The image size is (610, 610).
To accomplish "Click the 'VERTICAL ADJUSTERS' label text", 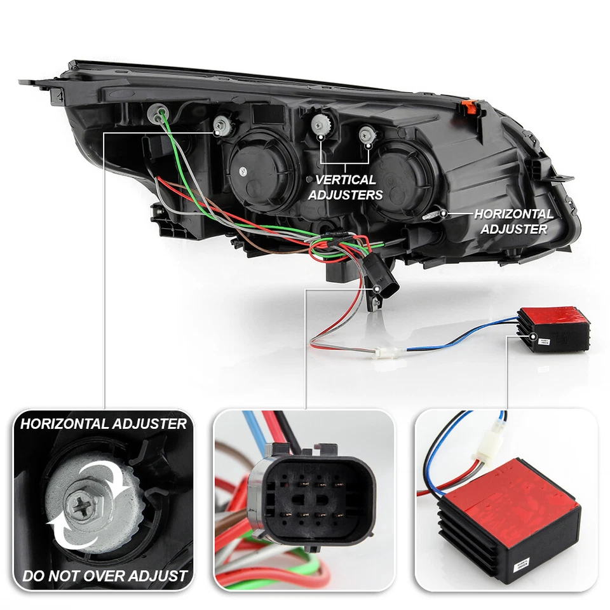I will (345, 187).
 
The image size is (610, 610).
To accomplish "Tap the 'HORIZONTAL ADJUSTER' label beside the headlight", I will (513, 222).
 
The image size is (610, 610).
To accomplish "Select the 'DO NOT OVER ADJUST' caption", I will (105, 576).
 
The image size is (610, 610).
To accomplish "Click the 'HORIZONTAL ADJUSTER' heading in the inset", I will (104, 423).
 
